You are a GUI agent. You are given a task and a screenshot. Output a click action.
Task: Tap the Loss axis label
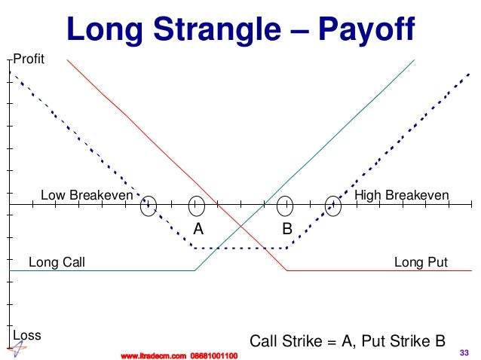26,334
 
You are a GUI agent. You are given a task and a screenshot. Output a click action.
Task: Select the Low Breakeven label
86,196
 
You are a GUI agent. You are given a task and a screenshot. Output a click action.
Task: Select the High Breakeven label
401,196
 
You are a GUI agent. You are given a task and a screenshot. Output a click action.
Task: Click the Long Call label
57,263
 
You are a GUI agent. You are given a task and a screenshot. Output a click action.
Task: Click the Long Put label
421,263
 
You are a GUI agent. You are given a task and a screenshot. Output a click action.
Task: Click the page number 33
464,352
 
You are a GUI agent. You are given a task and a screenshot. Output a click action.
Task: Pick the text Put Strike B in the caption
403,340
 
